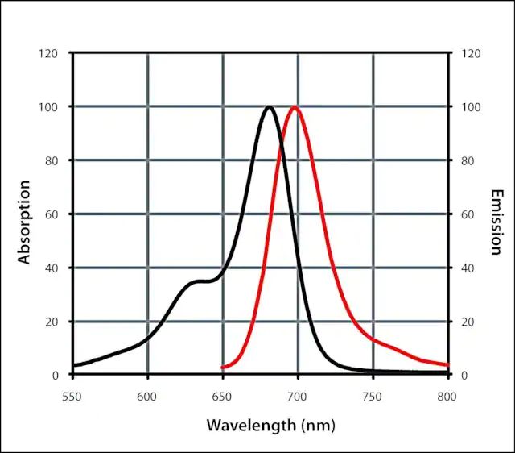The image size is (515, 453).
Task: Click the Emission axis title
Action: click(496, 222)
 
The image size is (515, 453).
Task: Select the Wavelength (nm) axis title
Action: click(270, 424)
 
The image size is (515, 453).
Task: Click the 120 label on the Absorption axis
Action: click(48, 53)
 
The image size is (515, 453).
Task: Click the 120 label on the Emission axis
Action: click(470, 53)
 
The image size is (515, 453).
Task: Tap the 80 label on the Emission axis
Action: click(467, 160)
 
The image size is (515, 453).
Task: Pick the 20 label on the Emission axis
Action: click(467, 322)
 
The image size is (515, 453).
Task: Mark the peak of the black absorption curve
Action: click(269, 107)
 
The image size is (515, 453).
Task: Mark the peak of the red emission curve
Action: click(295, 107)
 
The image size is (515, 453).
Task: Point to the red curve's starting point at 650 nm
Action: click(223, 368)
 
